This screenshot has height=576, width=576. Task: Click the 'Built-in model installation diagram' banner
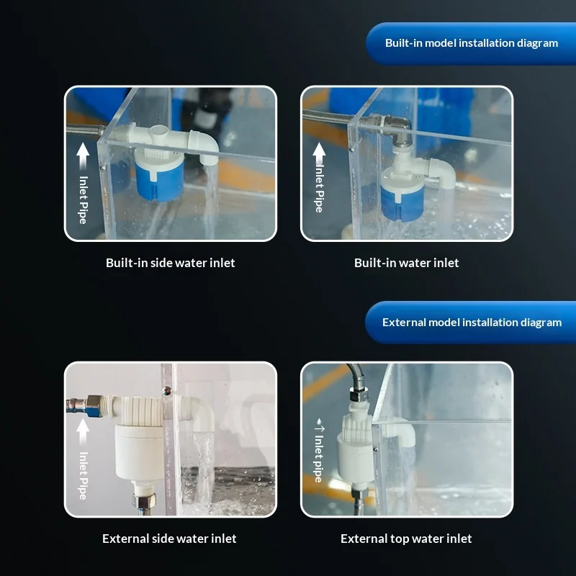[471, 43]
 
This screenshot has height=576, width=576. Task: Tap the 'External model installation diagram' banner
[471, 322]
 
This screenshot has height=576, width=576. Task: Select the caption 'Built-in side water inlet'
[170, 263]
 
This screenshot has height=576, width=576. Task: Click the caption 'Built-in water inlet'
[406, 263]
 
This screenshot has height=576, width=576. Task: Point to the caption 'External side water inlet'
[169, 539]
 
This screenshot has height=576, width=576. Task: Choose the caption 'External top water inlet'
[406, 539]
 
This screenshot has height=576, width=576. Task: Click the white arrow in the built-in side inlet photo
[83, 156]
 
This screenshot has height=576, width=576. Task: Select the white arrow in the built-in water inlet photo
[319, 153]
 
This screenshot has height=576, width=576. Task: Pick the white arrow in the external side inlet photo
[83, 432]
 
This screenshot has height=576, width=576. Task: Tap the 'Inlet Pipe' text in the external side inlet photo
[84, 475]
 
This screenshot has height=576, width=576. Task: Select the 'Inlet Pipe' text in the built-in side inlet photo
[84, 200]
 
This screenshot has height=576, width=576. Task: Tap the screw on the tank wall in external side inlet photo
[167, 390]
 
